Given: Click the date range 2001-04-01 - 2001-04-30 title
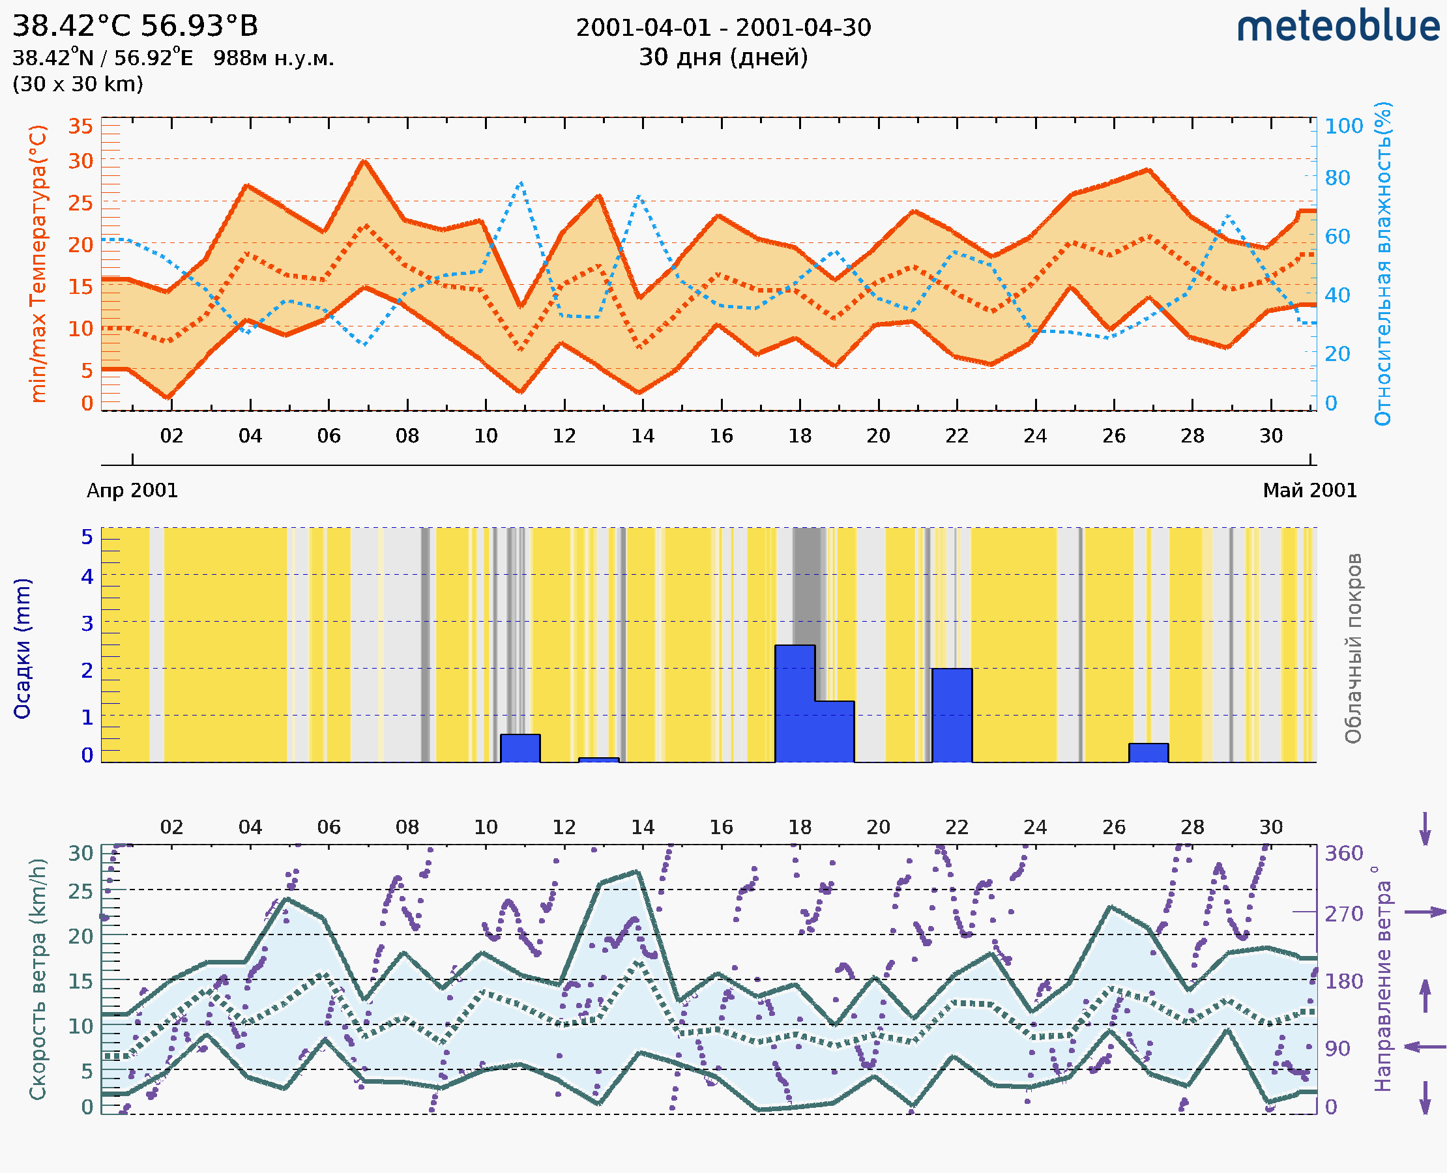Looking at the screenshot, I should pyautogui.click(x=723, y=28).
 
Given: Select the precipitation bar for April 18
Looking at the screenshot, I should pyautogui.click(x=795, y=703).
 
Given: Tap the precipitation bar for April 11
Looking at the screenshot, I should pyautogui.click(x=519, y=748).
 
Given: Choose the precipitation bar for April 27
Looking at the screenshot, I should pyautogui.click(x=1148, y=753).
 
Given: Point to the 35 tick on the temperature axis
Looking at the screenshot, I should pyautogui.click(x=80, y=126).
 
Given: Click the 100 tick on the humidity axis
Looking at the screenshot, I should pyautogui.click(x=1343, y=126).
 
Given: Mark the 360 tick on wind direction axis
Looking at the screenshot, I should pyautogui.click(x=1343, y=854).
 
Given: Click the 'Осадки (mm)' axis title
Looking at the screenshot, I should pyautogui.click(x=22, y=648).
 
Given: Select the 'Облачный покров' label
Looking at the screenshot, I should pyautogui.click(x=1353, y=648).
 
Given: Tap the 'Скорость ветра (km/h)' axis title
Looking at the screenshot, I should pyautogui.click(x=38, y=979).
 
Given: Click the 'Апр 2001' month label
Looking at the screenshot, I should pyautogui.click(x=132, y=491).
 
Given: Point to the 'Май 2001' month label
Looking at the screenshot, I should pyautogui.click(x=1310, y=491).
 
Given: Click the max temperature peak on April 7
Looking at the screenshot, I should pyautogui.click(x=364, y=162).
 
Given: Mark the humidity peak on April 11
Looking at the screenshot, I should pyautogui.click(x=520, y=182).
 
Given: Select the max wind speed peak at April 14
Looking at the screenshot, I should pyautogui.click(x=637, y=873).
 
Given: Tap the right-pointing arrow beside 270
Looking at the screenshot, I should pyautogui.click(x=1425, y=912).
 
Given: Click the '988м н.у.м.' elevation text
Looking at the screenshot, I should pyautogui.click(x=274, y=59).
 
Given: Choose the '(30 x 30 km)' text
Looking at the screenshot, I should pyautogui.click(x=78, y=85).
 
